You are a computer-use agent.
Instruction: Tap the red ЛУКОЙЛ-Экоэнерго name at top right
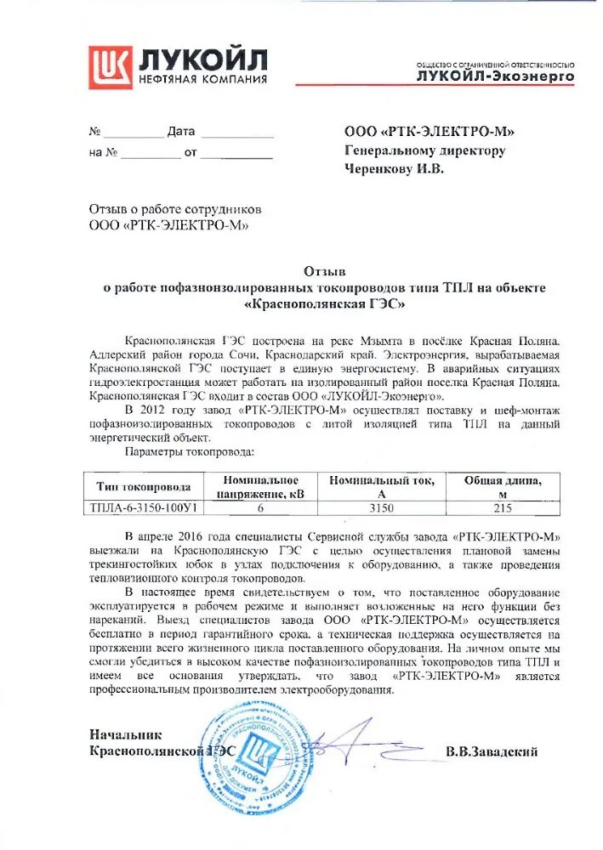point(495,76)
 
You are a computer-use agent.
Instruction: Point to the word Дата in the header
point(181,132)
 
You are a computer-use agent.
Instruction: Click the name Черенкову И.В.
point(394,168)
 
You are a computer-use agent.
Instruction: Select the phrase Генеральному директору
point(424,150)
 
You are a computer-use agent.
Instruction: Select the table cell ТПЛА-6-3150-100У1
point(144,507)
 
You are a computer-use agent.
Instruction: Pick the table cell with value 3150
point(382,507)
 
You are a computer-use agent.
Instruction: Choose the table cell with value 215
point(503,507)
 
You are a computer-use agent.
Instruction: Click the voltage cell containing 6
point(261,507)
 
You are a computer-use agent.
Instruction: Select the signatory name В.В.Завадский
point(491,752)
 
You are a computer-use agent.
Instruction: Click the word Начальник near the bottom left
point(125,734)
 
